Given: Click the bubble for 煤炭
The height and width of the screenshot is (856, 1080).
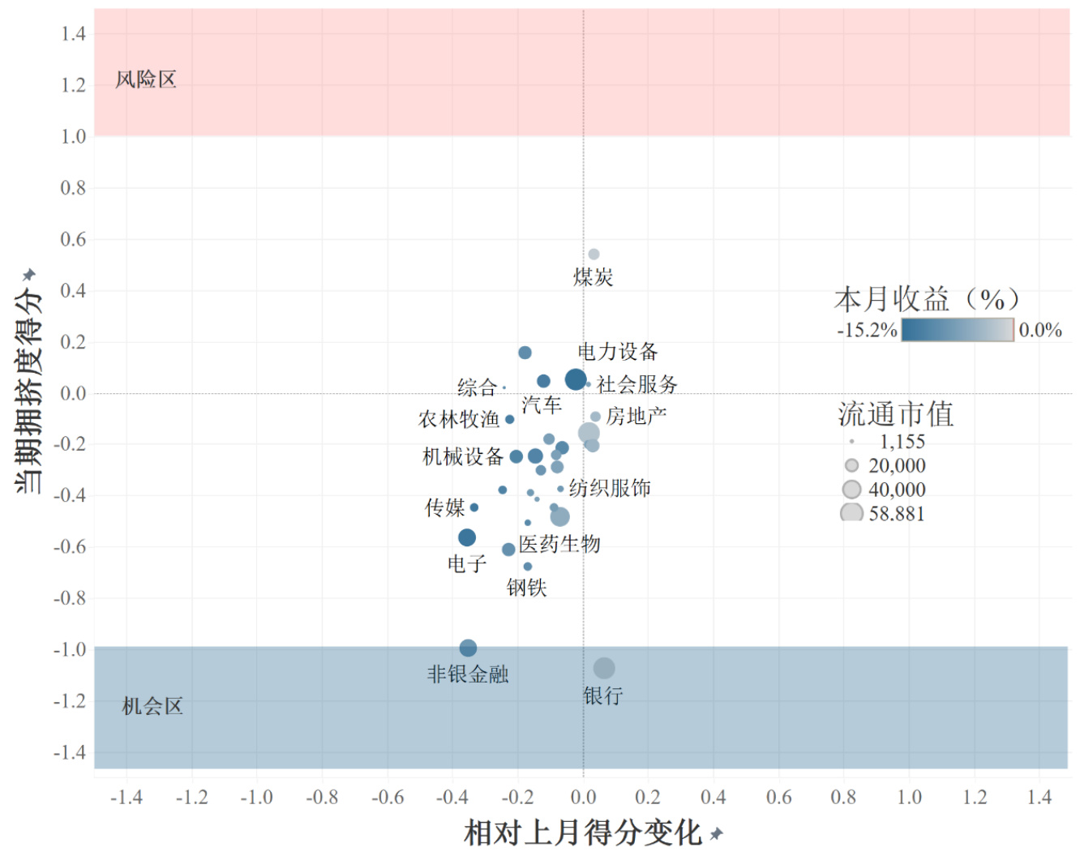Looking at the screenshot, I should click(594, 255).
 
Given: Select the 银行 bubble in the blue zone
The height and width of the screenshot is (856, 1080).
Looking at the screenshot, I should click(603, 668).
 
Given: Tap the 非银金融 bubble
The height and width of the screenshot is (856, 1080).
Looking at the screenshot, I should click(468, 648).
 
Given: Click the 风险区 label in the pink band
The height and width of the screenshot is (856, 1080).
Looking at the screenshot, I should click(146, 79).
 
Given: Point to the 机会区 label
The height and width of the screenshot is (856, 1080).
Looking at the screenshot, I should click(152, 706).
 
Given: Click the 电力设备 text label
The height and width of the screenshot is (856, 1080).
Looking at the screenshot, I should click(618, 352).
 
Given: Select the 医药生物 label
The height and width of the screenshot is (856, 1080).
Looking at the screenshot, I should click(559, 544).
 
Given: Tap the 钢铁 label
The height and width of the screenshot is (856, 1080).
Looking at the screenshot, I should click(527, 587).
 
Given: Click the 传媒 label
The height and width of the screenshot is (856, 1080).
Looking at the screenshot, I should click(445, 508).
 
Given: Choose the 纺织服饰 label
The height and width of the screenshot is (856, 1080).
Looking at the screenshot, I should click(610, 488).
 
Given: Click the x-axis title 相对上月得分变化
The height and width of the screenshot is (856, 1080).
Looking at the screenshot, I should click(582, 832).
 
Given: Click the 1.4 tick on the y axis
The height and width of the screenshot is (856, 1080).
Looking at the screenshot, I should click(73, 33).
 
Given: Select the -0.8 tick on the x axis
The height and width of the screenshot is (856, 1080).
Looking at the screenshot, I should click(322, 798).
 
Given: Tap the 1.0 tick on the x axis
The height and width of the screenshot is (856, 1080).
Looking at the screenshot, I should click(909, 798).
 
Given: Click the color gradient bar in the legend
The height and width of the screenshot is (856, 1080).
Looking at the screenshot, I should click(957, 330).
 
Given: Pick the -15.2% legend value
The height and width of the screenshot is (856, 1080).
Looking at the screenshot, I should click(867, 331).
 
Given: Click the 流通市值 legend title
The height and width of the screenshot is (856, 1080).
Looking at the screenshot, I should click(895, 414).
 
